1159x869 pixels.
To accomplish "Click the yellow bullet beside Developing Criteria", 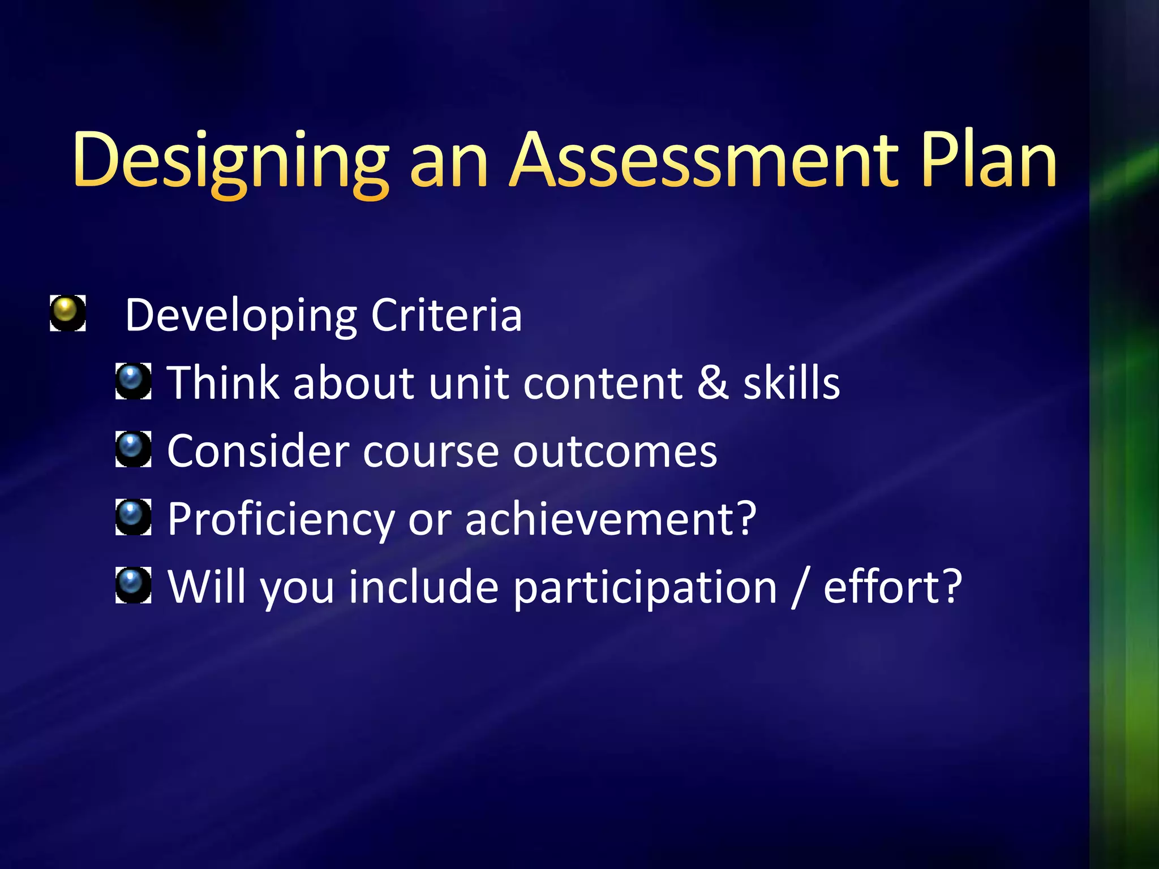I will point(67,313).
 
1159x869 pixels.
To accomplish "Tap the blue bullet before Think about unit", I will point(133,381).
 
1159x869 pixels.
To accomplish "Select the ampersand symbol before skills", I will point(712,383).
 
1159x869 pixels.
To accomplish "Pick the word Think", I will point(224,383).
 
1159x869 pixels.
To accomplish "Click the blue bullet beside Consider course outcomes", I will point(133,449).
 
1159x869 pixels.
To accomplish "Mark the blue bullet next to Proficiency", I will point(133,517).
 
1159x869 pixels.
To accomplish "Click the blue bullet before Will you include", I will point(133,585).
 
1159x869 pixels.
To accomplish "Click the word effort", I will point(892,587).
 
